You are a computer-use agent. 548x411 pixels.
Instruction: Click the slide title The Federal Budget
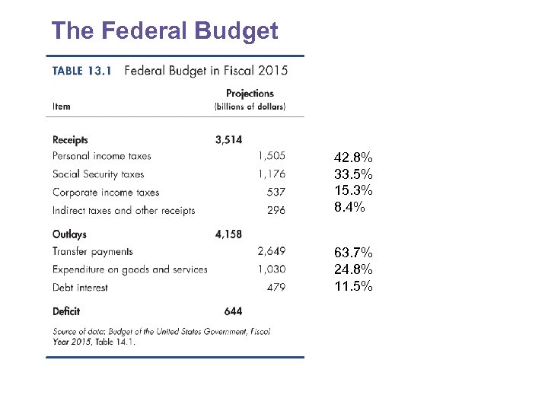[x=164, y=31]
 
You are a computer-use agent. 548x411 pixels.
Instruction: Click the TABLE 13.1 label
[x=82, y=72]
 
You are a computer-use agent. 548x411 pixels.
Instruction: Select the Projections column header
[x=250, y=94]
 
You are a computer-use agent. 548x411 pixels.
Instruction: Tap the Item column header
[x=62, y=107]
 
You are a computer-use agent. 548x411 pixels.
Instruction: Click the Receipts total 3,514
[x=229, y=140]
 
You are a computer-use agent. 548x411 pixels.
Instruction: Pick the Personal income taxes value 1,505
[x=272, y=156]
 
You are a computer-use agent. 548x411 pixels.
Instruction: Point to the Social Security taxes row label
[x=98, y=174]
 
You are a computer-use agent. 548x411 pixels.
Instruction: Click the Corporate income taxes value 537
[x=276, y=193]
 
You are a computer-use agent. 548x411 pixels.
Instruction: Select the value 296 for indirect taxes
[x=276, y=211]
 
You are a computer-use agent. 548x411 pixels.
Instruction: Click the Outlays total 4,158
[x=229, y=234]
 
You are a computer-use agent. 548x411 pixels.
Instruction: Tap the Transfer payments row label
[x=93, y=252]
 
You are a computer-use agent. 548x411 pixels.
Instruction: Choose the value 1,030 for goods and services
[x=272, y=269]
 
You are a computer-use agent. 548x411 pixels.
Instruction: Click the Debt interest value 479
[x=276, y=288]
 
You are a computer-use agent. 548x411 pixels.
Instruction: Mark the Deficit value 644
[x=233, y=311]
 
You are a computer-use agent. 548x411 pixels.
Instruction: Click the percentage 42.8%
[x=353, y=158]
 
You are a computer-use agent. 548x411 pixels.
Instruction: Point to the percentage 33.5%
[x=353, y=174]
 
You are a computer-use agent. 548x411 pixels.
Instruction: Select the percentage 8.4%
[x=349, y=207]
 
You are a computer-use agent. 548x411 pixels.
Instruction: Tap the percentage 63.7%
[x=353, y=253]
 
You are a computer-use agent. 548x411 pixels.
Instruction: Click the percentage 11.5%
[x=353, y=286]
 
